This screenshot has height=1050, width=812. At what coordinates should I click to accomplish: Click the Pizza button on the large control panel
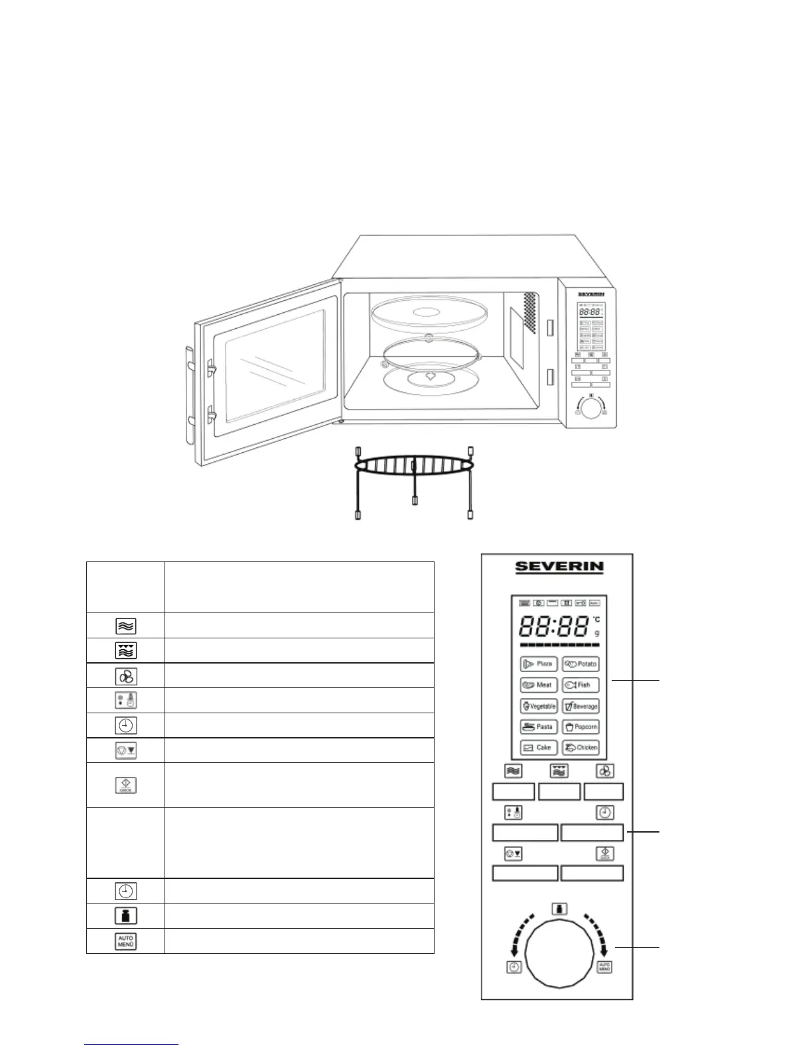click(539, 664)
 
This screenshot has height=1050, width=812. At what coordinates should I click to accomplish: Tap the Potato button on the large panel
click(580, 664)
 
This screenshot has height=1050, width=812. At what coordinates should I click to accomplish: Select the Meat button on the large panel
click(539, 685)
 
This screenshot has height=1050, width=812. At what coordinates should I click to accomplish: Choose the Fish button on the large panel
click(580, 685)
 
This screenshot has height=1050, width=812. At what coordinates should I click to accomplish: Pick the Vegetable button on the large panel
click(539, 707)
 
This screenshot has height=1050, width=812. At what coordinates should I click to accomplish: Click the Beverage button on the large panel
click(580, 707)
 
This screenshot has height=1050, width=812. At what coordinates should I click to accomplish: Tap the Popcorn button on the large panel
click(580, 727)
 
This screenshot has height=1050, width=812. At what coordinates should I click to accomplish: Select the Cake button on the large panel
click(539, 748)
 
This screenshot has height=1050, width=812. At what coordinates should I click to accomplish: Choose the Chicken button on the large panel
click(580, 748)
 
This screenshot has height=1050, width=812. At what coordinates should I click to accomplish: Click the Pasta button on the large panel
click(539, 727)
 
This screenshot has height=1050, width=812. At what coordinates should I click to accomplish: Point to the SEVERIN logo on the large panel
click(560, 567)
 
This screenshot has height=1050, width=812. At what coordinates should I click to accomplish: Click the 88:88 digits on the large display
click(554, 626)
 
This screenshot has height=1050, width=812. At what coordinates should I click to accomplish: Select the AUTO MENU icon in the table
click(125, 941)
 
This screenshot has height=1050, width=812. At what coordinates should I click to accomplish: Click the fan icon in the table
click(125, 675)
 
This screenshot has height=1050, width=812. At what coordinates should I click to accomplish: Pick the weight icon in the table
click(125, 915)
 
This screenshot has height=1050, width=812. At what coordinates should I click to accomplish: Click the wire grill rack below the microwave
click(415, 467)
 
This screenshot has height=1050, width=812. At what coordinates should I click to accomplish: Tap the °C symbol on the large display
click(596, 620)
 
